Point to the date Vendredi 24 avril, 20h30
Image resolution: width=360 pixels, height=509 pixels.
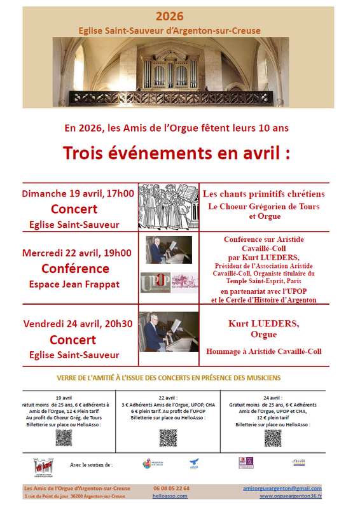click(x=78, y=323)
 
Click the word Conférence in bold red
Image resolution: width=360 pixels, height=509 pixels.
click(x=75, y=268)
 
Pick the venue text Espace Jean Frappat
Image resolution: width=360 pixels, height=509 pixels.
click(x=75, y=284)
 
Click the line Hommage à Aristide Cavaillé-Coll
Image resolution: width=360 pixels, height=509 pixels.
click(x=264, y=351)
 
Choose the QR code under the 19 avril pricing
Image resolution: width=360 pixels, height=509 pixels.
click(x=64, y=438)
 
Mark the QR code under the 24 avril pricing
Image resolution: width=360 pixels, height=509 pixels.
click(x=272, y=438)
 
